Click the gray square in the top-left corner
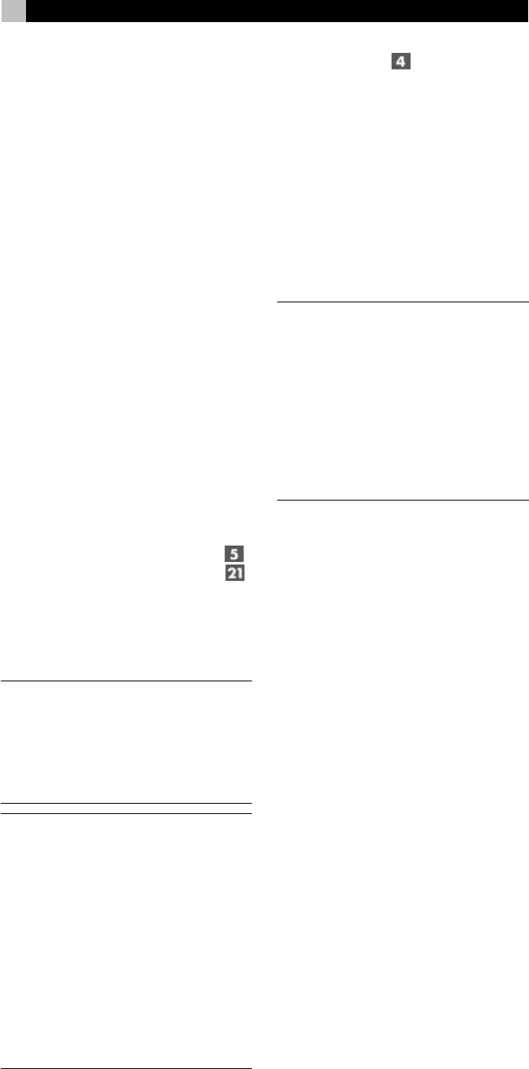point(13,10)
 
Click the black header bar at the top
point(276,10)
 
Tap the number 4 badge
point(402,61)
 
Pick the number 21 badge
point(234,574)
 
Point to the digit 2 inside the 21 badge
point(231,574)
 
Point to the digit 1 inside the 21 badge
point(239,574)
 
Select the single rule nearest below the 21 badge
point(126,680)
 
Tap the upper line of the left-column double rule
point(126,803)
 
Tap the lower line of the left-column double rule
point(126,812)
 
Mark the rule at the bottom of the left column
point(126,1046)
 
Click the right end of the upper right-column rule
point(527,301)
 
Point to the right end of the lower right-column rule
point(527,499)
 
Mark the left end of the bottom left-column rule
point(2,1046)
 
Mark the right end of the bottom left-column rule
point(250,1046)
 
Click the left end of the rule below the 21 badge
point(2,680)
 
